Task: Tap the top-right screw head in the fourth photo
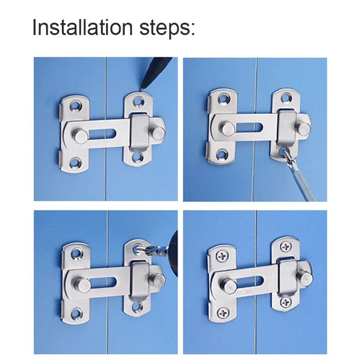(x=286, y=247)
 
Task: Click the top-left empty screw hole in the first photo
(x=76, y=105)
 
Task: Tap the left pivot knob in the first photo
(x=80, y=136)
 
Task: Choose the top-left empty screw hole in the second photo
(x=222, y=98)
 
